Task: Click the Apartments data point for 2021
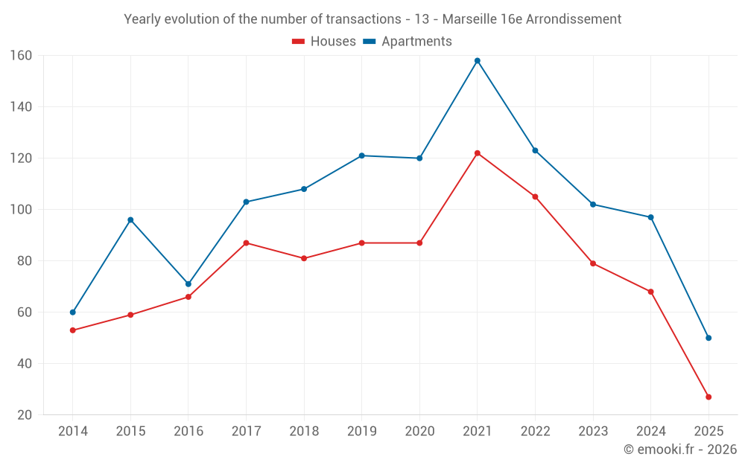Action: tap(478, 61)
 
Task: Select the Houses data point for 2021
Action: tap(478, 153)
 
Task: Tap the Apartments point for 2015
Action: tap(130, 220)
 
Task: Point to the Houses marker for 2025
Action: tap(708, 397)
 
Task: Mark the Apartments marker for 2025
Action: tap(708, 338)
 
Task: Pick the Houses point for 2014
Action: tap(73, 330)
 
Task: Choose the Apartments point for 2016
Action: tap(188, 284)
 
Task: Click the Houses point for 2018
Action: tap(304, 258)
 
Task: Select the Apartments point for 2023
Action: tap(593, 205)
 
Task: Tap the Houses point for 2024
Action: tap(650, 292)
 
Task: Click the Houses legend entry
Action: tap(324, 42)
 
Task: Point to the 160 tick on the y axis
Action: tap(21, 56)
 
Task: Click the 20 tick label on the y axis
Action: tap(24, 415)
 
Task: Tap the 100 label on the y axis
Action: tap(21, 210)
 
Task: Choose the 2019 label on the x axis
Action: tap(362, 432)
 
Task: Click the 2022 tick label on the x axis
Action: tap(535, 432)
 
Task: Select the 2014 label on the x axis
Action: tap(73, 432)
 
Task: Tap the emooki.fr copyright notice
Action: tap(680, 449)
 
